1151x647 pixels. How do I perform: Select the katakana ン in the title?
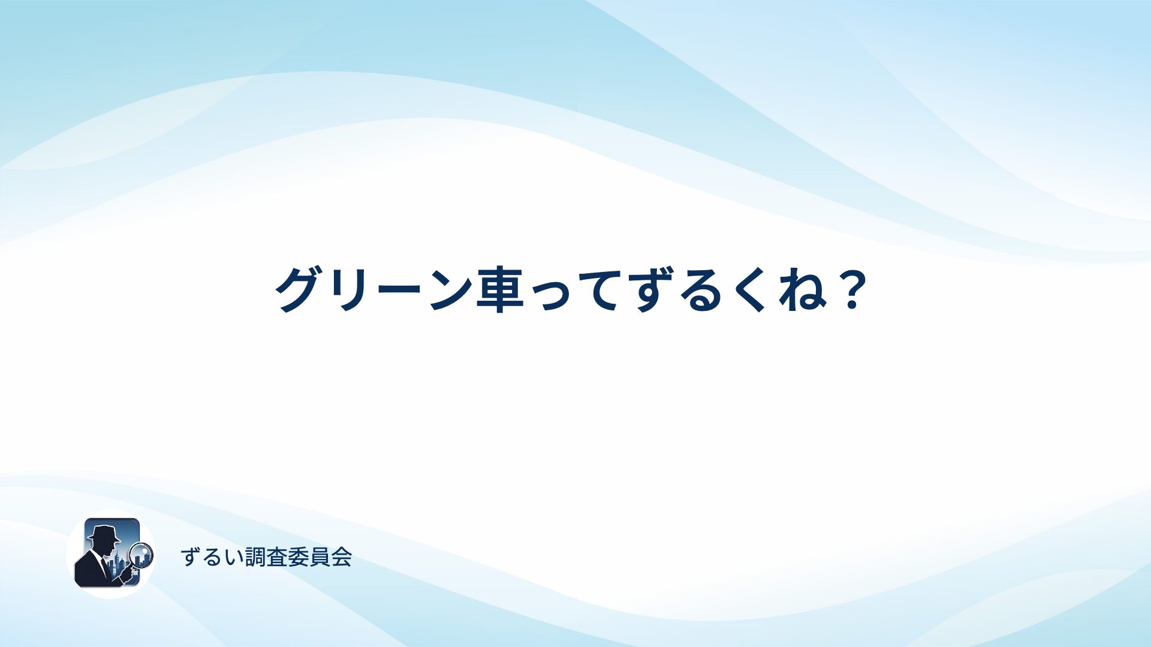451,289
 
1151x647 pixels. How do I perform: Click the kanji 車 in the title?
500,289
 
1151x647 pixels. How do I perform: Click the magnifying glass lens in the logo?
141,554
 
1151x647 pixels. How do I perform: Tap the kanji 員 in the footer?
320,557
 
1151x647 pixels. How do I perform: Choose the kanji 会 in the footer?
341,557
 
